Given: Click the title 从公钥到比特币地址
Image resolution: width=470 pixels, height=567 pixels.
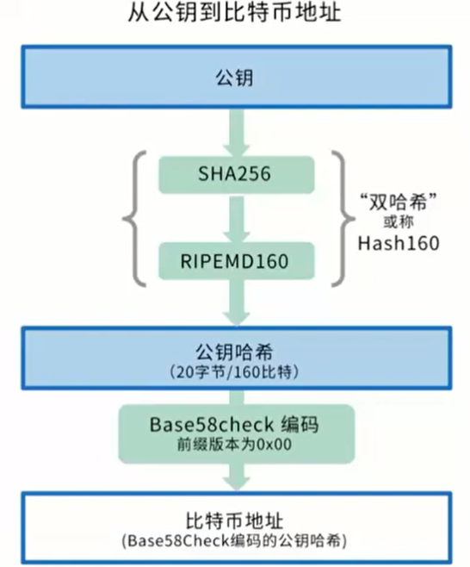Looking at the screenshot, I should [x=234, y=16].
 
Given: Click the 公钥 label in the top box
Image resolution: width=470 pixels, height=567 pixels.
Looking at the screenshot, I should [x=234, y=79].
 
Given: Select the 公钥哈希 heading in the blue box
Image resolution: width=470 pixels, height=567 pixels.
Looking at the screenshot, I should [x=234, y=352].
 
